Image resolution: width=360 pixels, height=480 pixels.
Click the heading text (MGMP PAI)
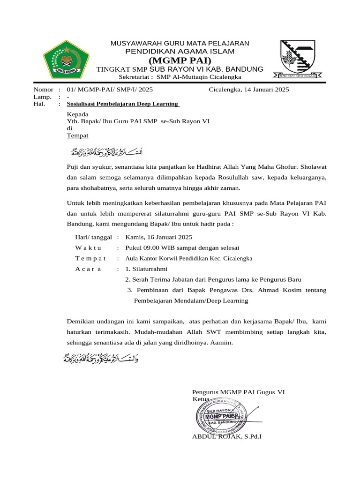(180, 60)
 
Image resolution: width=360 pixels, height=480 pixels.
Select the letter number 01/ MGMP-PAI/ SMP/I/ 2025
(110, 89)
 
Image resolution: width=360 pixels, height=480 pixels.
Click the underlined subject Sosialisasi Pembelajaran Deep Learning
(123, 104)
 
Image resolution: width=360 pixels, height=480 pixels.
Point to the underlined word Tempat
(77, 135)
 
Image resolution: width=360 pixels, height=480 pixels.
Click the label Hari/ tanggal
(93, 237)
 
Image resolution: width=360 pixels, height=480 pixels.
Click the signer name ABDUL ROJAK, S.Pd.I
(227, 436)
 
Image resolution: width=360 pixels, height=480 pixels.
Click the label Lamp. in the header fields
(41, 96)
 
